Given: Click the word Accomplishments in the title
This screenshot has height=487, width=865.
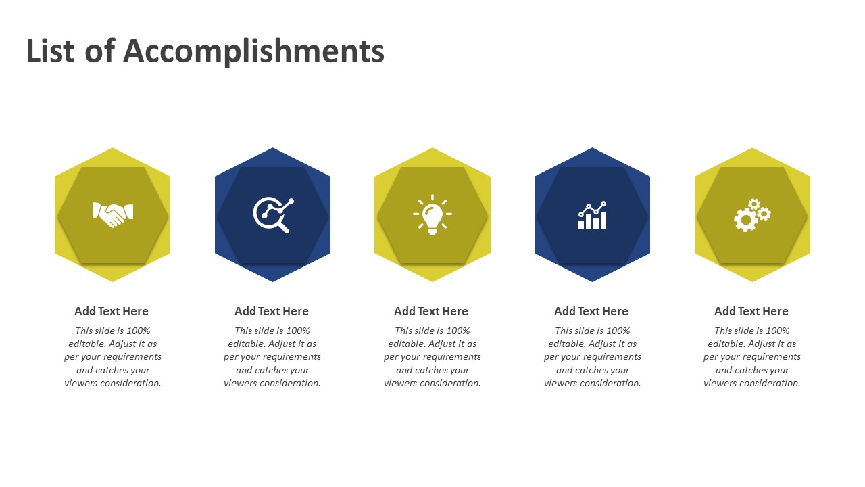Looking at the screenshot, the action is coord(253,52).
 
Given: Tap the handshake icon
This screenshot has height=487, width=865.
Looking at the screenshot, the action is coord(113,214).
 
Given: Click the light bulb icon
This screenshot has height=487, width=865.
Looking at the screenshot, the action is coord(432,215).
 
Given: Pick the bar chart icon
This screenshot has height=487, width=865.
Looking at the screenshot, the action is coord(593,215).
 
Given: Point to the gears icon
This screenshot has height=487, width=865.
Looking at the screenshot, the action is coord(752,215).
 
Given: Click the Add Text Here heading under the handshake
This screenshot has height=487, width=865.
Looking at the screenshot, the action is coord(112,311).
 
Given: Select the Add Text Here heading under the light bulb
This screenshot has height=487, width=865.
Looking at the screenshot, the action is coord(431,311).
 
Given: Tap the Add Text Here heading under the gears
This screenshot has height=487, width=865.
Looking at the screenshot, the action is coord(751,311).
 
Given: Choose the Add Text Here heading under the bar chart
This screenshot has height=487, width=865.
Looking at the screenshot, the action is coord(591,311).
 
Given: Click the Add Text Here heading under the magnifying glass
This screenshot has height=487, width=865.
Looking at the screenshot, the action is coord(272,311).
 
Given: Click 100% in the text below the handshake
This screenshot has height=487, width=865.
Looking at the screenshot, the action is coord(139,331).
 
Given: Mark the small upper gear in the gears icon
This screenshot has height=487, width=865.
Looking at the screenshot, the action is coord(754,204).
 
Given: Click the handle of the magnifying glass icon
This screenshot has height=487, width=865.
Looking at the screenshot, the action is coord(283,227).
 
